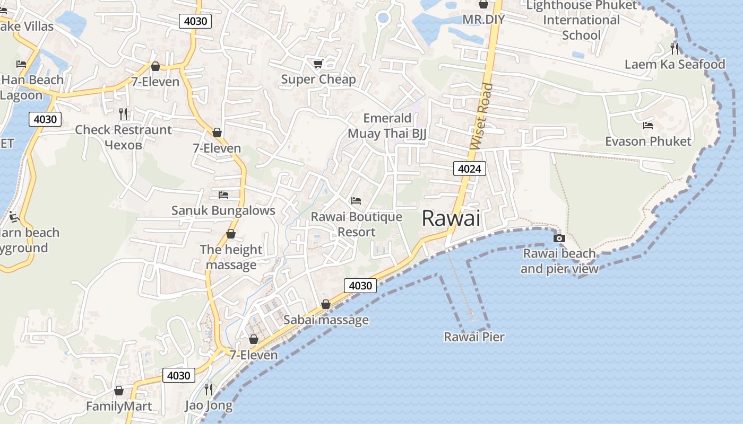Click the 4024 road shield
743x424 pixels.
tap(470, 169)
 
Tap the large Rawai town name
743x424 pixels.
tap(451, 218)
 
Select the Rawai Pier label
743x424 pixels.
tap(474, 337)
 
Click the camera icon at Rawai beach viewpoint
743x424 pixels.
tap(559, 238)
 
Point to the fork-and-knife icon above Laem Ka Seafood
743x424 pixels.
tap(675, 48)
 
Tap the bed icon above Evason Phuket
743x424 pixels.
tap(648, 126)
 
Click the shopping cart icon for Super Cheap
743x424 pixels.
tap(318, 64)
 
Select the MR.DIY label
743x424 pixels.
tap(483, 20)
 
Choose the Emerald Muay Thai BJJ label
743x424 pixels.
tap(387, 126)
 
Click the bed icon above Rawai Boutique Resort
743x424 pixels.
tap(356, 201)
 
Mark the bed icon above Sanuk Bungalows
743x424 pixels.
tap(223, 195)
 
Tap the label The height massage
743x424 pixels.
tap(231, 257)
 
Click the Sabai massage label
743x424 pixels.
tap(326, 320)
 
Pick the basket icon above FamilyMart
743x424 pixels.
tap(119, 391)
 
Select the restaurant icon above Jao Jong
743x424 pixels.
tap(209, 390)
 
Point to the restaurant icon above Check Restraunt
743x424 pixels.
tap(123, 113)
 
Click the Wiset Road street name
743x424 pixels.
tap(481, 116)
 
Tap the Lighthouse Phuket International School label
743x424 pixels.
tap(581, 20)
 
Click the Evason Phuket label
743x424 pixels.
tap(648, 142)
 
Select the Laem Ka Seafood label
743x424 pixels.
tap(675, 65)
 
